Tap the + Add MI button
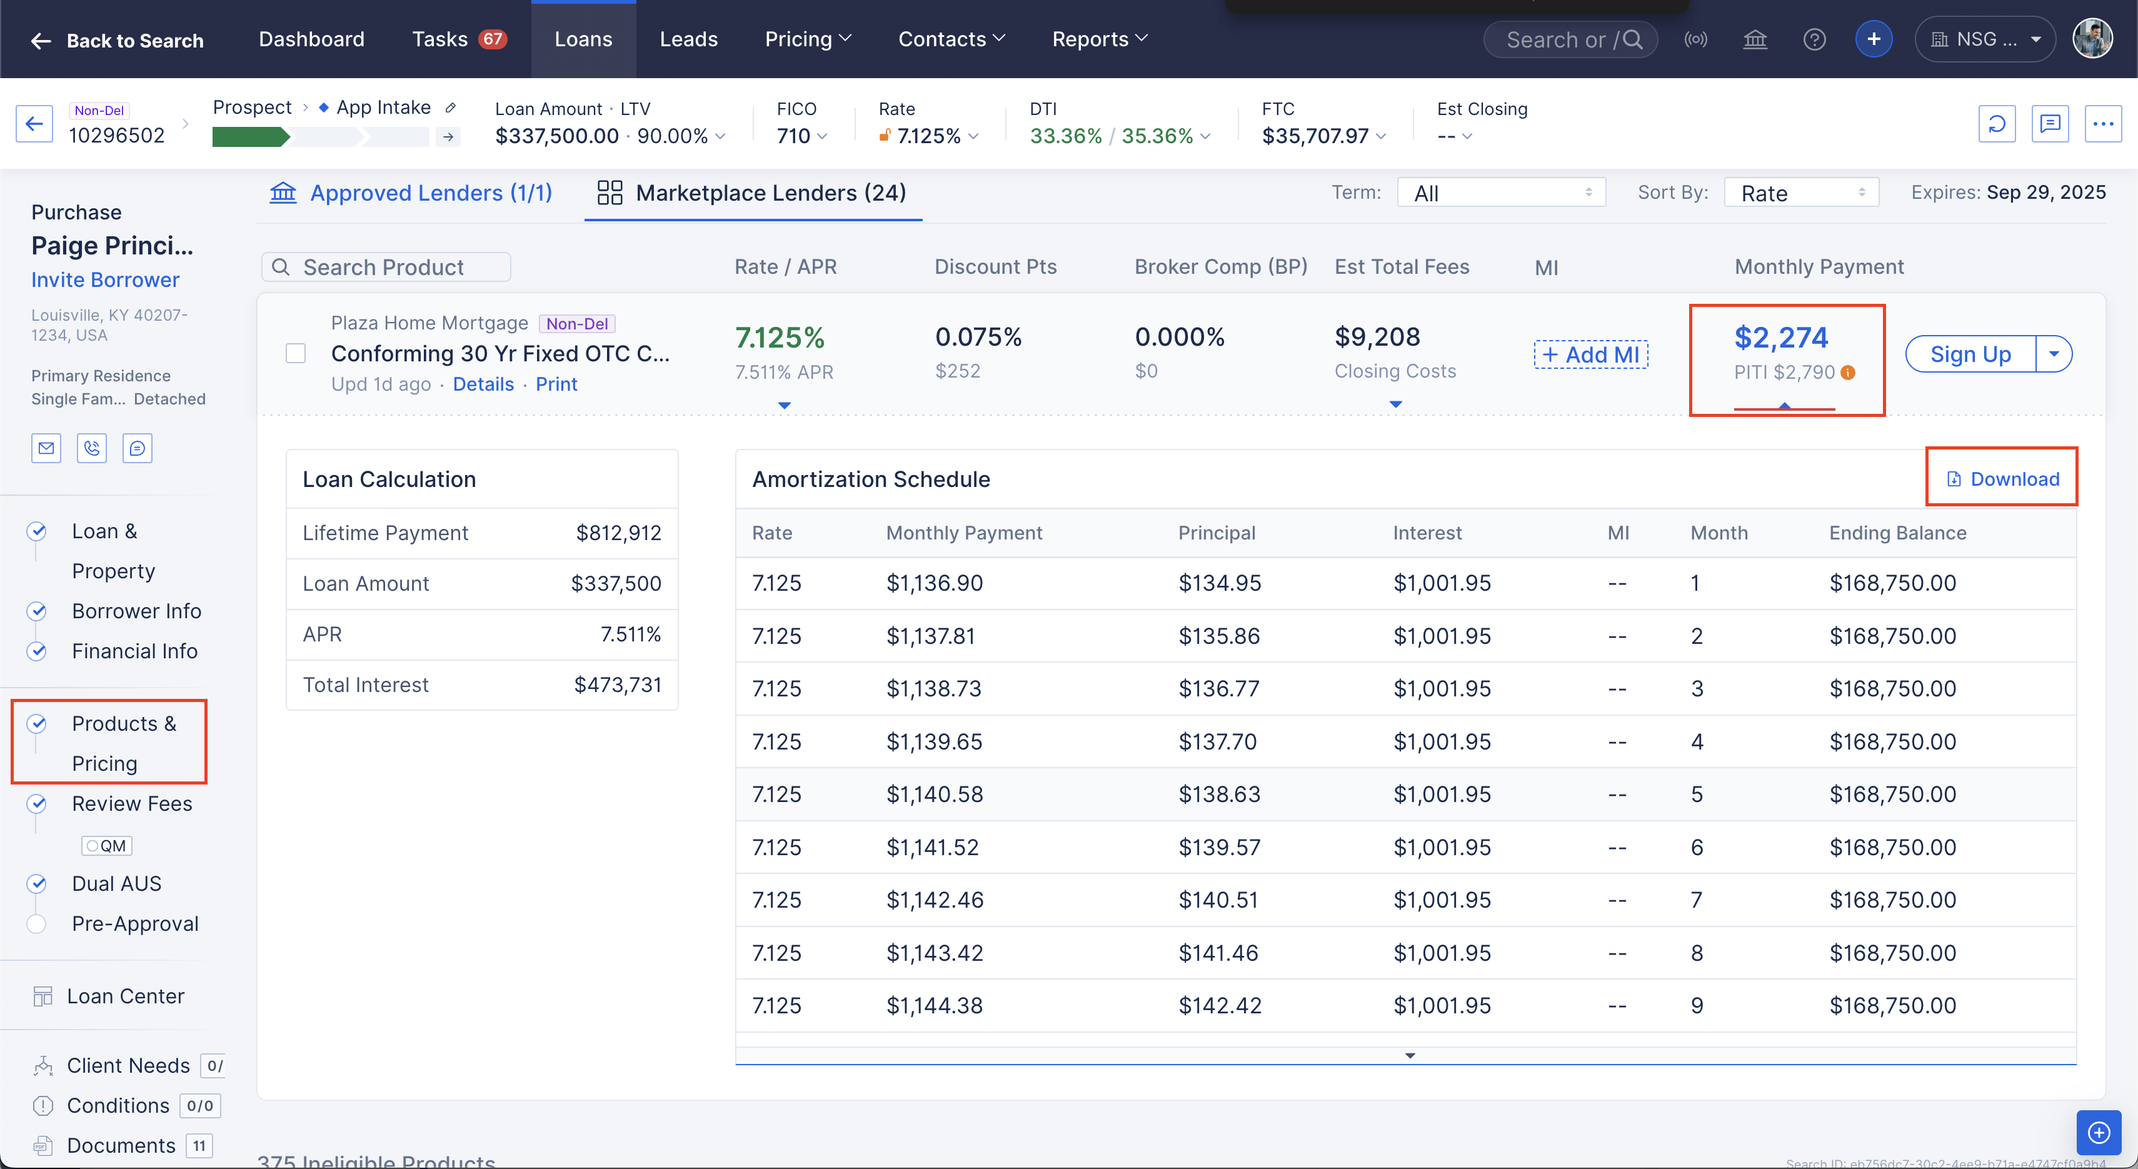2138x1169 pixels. tap(1590, 355)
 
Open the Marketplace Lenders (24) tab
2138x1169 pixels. tap(753, 193)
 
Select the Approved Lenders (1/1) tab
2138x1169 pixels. tap(412, 193)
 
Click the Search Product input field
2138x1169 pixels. tap(387, 267)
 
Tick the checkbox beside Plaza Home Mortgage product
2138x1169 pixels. tap(296, 353)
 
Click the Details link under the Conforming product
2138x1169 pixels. tap(483, 384)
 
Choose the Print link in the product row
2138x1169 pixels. tap(556, 384)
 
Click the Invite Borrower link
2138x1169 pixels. tap(106, 279)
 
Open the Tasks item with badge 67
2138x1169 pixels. tap(458, 39)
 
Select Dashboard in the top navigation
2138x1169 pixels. tap(311, 39)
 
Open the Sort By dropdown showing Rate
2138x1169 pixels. tap(1801, 193)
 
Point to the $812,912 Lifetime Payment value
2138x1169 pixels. tap(618, 533)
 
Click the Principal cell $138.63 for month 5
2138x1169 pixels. tap(1219, 794)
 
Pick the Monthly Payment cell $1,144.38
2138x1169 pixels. tap(935, 1006)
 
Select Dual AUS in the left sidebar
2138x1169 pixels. tap(116, 883)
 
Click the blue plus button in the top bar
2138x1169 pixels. tap(1873, 39)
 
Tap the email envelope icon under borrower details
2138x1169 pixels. tap(46, 448)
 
